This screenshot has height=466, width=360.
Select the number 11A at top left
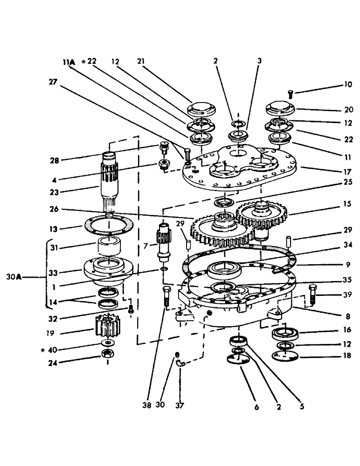(69, 61)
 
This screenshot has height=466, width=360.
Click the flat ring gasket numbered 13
(111, 225)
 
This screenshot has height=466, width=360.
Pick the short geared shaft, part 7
(165, 241)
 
